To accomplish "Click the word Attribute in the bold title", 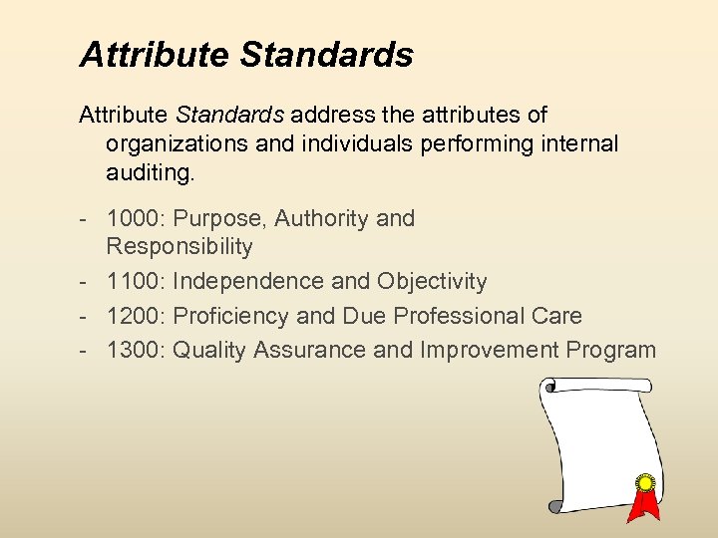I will coord(155,55).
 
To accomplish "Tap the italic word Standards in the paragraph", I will coord(237,116).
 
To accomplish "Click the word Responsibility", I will coord(179,246).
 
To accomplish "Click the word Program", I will coord(610,350).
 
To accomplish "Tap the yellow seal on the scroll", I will coord(645,483).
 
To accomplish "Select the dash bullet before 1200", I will coord(88,316).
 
